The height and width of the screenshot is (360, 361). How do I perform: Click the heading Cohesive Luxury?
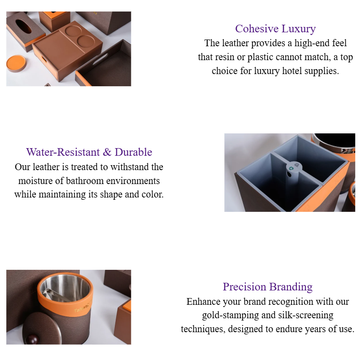click(x=275, y=29)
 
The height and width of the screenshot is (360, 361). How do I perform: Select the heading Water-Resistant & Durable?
click(x=89, y=152)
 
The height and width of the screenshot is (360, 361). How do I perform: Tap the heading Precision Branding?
click(x=267, y=286)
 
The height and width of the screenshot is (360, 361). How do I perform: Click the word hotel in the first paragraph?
click(x=295, y=71)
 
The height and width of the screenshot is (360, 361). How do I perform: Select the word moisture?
click(x=35, y=181)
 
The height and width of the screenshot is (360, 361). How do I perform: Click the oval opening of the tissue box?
click(x=23, y=26)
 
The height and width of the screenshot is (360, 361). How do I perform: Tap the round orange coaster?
click(x=16, y=63)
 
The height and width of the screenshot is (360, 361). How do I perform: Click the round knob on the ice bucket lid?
click(x=31, y=338)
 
